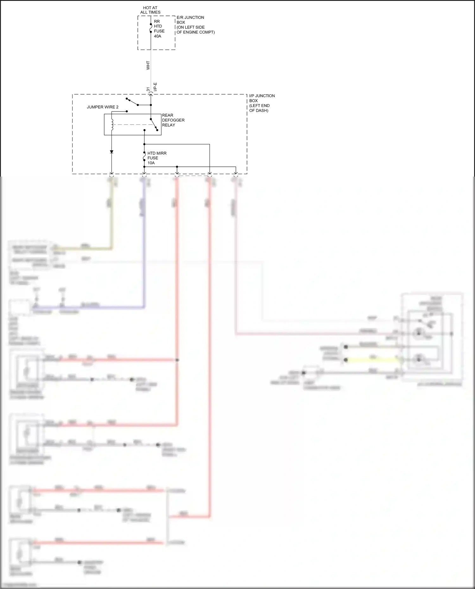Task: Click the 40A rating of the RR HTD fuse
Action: click(157, 36)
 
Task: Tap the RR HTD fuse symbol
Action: click(151, 28)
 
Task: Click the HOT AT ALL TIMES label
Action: click(150, 10)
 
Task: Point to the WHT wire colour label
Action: click(148, 66)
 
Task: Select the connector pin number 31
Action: click(148, 90)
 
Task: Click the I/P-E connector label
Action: click(155, 87)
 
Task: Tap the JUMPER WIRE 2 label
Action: click(103, 107)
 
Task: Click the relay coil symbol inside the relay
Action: click(111, 124)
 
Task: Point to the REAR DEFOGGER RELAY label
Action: click(173, 120)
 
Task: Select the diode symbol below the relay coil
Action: click(111, 152)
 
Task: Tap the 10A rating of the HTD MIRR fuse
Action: click(151, 163)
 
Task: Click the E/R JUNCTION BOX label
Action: click(190, 20)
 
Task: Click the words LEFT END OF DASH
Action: click(259, 108)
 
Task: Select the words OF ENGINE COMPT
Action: click(195, 32)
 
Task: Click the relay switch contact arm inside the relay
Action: click(154, 125)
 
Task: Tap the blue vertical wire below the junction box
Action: click(144, 253)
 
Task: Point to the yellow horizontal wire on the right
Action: click(374, 360)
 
